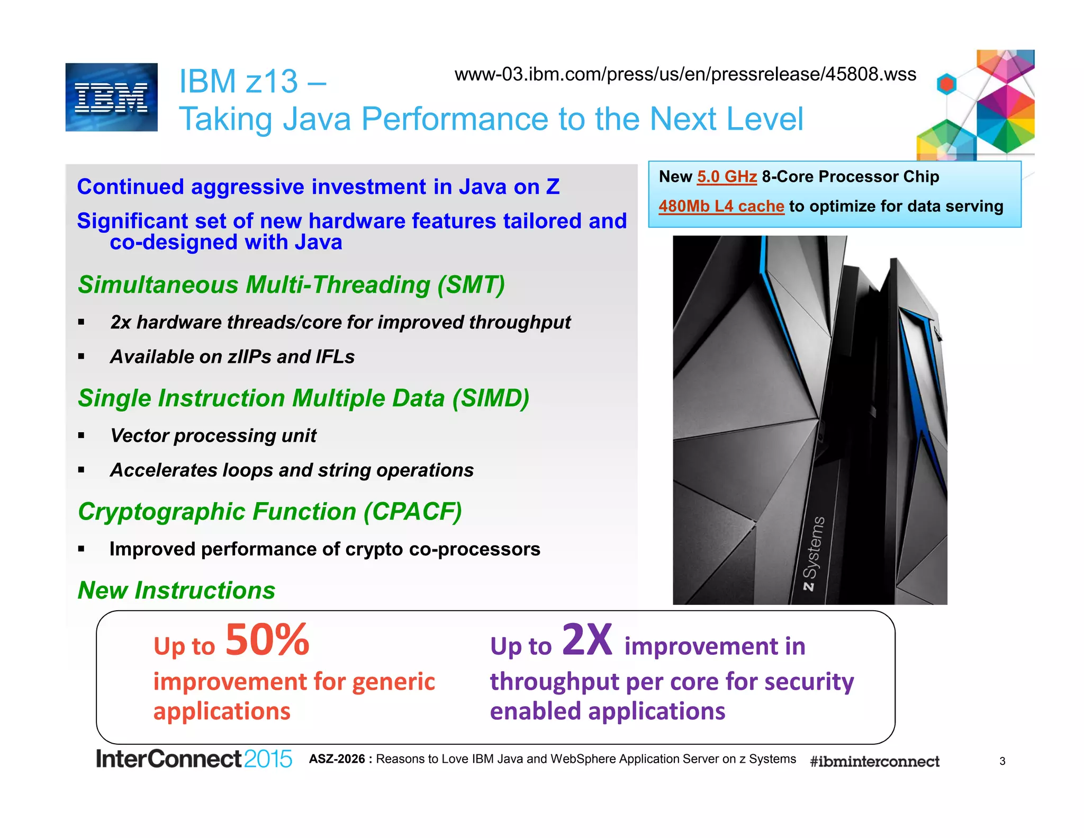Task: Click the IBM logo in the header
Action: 111,97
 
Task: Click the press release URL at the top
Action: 685,74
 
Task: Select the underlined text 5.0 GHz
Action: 727,176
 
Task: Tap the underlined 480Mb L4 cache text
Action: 721,206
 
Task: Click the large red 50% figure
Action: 267,640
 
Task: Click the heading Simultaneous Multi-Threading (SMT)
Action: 291,285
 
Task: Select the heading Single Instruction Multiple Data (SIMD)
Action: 303,398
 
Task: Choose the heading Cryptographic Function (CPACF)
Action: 269,512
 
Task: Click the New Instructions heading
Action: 176,590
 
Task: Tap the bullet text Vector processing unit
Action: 213,435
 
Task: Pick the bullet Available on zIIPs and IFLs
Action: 232,356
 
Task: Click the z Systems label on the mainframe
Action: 814,554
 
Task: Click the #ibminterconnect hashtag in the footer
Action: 874,761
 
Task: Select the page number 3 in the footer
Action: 1002,761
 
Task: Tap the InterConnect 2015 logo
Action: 193,759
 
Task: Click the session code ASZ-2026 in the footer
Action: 337,759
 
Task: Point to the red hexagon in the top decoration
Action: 946,84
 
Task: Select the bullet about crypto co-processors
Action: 324,549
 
